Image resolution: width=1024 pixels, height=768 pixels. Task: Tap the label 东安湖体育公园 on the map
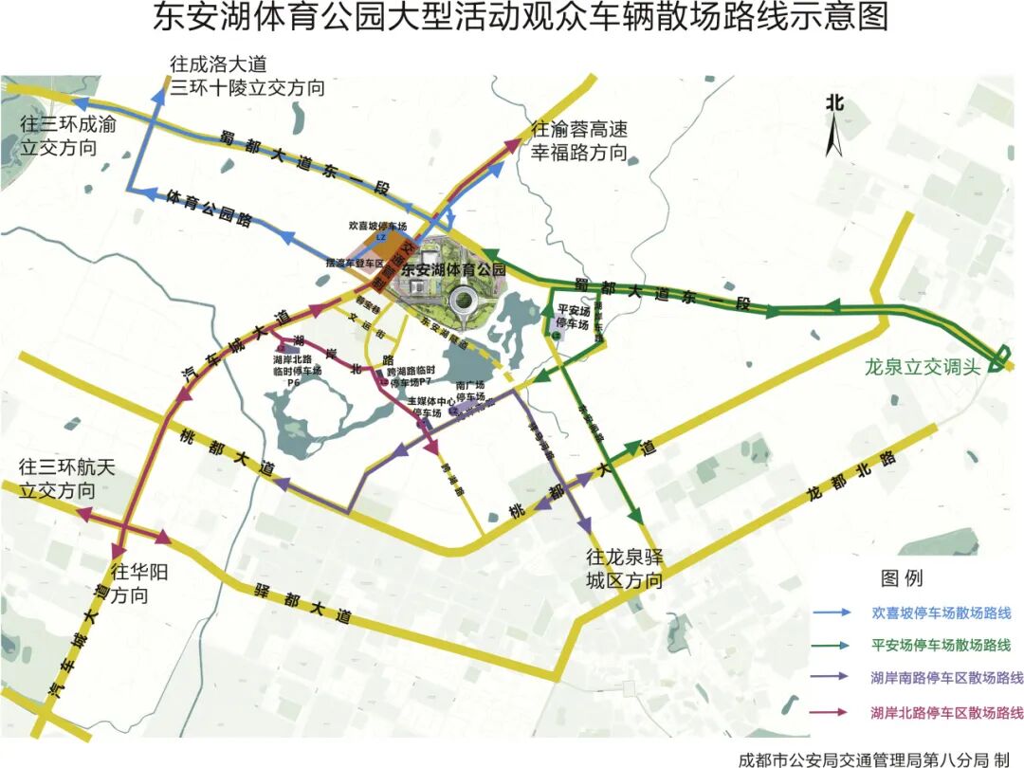click(x=453, y=270)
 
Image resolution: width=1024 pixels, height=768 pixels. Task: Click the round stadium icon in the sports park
click(x=464, y=302)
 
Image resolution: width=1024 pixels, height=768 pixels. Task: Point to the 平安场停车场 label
click(x=574, y=317)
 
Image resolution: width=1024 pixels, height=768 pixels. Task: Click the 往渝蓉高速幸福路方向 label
click(x=579, y=140)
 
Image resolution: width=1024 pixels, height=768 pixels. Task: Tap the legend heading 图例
click(x=901, y=577)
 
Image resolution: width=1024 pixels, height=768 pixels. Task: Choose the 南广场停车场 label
click(x=470, y=393)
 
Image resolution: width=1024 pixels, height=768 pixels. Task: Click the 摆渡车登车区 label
click(x=352, y=262)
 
